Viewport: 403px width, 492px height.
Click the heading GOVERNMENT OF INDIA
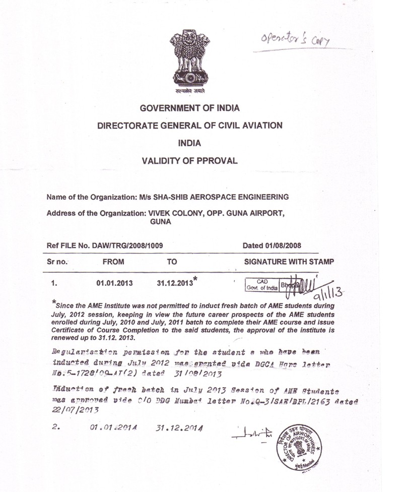point(189,108)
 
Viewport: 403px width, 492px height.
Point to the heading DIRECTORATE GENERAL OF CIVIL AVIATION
point(189,125)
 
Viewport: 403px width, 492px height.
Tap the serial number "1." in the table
point(52,283)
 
